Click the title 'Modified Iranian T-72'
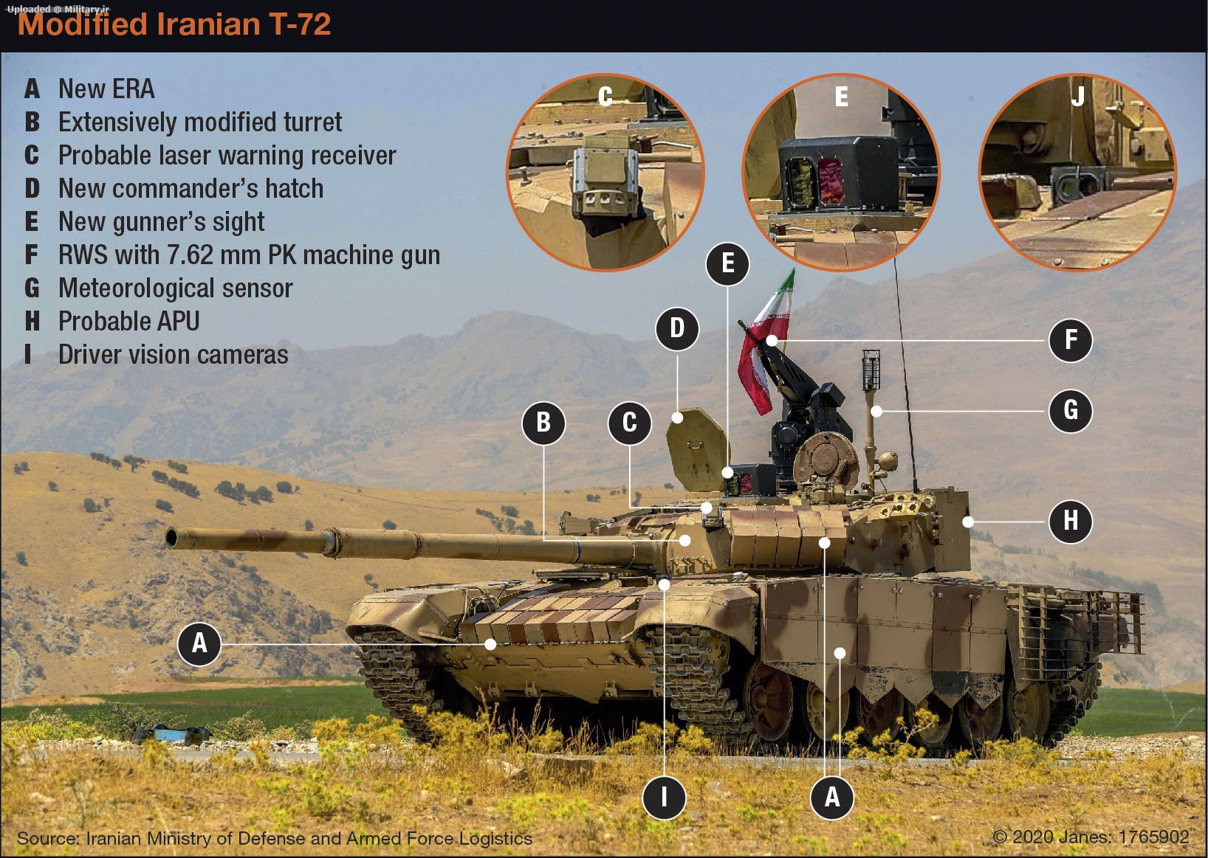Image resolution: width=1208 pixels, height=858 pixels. click(174, 24)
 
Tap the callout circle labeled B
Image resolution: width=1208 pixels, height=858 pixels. click(543, 423)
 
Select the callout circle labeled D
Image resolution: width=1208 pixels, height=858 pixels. click(677, 329)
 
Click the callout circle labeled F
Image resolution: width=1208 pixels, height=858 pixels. click(1071, 340)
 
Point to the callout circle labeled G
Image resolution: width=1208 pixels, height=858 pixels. click(1071, 411)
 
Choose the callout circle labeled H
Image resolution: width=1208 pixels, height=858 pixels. click(1071, 521)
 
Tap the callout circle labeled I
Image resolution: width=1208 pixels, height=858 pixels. click(664, 797)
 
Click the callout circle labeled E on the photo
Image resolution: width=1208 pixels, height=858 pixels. click(727, 263)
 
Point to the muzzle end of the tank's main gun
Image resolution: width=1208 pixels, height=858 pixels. click(171, 538)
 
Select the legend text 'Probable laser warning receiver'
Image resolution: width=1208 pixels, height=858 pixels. click(227, 155)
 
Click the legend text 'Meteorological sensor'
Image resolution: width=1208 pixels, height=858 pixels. click(175, 288)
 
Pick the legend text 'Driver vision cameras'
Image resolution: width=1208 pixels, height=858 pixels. click(173, 354)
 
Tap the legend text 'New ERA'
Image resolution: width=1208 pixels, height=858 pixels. click(106, 89)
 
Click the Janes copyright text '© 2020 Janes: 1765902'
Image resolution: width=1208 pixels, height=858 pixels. click(1091, 837)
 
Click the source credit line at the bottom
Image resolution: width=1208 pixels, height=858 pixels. click(275, 839)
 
